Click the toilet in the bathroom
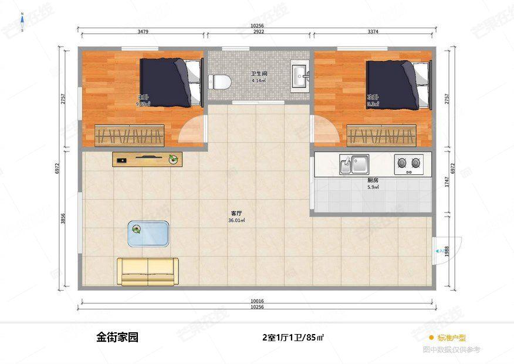[x=221, y=80]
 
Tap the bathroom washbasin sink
[x=300, y=76]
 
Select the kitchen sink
[x=353, y=164]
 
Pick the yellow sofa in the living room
[x=147, y=271]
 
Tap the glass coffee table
[x=148, y=233]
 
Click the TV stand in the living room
[x=147, y=159]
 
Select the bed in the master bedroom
[x=171, y=82]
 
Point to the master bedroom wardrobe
[x=130, y=136]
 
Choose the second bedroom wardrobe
[x=382, y=136]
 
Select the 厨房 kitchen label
[x=372, y=180]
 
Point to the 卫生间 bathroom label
[x=259, y=73]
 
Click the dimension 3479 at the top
[x=142, y=32]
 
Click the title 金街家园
[x=117, y=338]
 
